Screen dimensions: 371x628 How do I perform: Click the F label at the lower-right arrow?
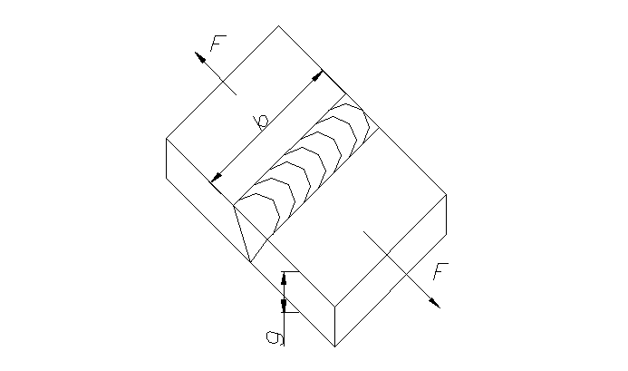[x=440, y=271]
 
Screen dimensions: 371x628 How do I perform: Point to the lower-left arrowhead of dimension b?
[x=215, y=178]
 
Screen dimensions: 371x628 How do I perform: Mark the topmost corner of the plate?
[x=278, y=25]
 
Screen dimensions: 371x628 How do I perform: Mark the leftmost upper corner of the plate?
[x=166, y=138]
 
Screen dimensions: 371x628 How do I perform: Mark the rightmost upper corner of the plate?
[x=447, y=194]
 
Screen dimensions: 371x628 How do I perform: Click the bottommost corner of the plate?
[x=334, y=347]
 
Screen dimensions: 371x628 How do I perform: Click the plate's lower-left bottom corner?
[x=166, y=178]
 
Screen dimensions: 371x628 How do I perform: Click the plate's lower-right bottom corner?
[x=447, y=234]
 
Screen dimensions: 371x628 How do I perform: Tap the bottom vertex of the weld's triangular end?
[x=249, y=263]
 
